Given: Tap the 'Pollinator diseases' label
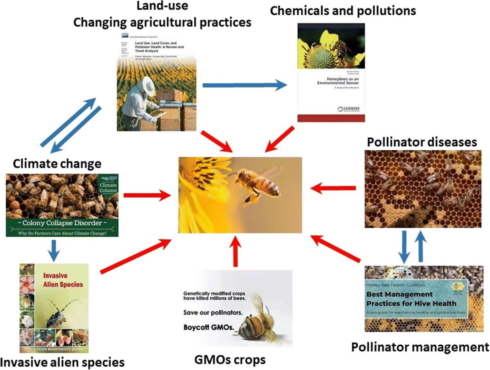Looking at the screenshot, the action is [x=421, y=142].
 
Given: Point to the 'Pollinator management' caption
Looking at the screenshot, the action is [x=420, y=348].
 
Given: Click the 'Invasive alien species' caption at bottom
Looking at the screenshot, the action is [x=62, y=361].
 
